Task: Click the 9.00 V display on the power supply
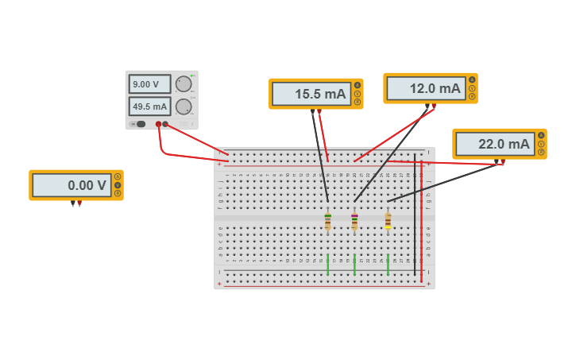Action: click(150, 84)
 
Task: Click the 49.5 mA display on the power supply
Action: click(150, 106)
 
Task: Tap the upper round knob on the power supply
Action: click(184, 84)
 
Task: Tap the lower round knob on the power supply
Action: click(184, 106)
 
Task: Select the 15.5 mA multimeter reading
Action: click(311, 94)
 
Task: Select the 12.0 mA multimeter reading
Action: click(426, 89)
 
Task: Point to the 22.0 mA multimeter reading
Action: click(495, 144)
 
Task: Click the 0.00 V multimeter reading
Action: click(72, 185)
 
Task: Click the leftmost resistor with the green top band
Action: click(327, 221)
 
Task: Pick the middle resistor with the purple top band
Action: click(354, 221)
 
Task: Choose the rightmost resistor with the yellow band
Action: click(388, 221)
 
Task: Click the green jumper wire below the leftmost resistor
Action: click(327, 265)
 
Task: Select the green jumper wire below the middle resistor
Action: click(354, 265)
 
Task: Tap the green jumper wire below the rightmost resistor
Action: click(388, 265)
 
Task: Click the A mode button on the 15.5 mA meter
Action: click(358, 86)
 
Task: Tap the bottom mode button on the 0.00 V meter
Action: click(118, 193)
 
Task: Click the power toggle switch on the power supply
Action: click(141, 124)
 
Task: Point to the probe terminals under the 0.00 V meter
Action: click(76, 203)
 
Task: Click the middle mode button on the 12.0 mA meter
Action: click(472, 88)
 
